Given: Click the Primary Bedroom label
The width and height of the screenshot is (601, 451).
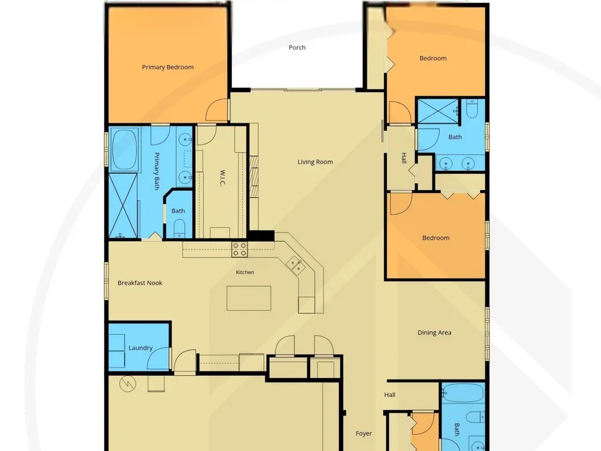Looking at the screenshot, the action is tap(168, 67).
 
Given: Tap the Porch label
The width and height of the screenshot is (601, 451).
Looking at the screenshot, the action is tap(297, 48).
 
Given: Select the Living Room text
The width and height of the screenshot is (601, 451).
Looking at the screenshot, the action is tap(315, 162).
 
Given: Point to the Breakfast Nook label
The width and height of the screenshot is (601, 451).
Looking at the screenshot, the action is tap(140, 283).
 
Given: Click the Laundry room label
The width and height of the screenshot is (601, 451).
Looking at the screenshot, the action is tap(140, 348).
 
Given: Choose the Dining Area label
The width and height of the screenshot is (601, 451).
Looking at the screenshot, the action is tap(435, 333).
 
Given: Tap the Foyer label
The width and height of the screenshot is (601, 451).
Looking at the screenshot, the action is tap(364, 434).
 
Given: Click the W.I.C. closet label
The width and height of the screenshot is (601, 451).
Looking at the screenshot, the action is tap(222, 178).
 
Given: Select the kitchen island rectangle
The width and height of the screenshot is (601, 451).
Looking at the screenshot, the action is tap(249, 298).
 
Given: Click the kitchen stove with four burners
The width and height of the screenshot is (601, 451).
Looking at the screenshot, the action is tap(240, 250).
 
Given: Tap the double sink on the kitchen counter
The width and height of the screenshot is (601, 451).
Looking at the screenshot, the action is tap(296, 265).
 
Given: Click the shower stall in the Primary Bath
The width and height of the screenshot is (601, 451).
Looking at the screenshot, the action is tap(123, 206).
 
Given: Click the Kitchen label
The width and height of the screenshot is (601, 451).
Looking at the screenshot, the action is tap(245, 272).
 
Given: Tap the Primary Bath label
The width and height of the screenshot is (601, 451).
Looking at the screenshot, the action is tap(156, 171).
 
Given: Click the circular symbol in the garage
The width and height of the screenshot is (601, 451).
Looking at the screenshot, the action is tap(127, 384).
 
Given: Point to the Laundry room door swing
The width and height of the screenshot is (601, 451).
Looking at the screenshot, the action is tap(158, 358).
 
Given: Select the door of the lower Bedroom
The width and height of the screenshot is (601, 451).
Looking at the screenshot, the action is tap(401, 203).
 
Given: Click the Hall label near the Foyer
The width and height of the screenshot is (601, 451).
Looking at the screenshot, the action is tap(389, 394).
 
